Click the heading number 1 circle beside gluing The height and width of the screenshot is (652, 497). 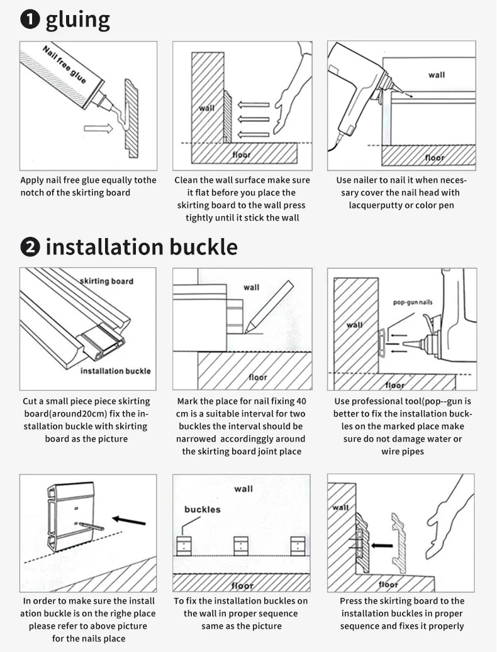30,20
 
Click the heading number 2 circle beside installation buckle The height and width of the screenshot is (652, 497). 30,247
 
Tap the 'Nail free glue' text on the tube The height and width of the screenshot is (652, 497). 65,65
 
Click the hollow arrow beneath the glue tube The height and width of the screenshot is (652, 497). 98,129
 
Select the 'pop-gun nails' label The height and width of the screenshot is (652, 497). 413,302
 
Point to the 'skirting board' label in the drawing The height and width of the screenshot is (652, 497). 107,281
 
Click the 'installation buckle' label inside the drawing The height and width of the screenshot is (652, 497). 115,371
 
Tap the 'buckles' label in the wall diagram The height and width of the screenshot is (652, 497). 203,509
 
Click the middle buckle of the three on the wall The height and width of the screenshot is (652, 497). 241,546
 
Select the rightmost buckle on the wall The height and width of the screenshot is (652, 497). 298,546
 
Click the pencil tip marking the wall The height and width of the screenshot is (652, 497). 245,332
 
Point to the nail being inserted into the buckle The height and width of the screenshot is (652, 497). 91,526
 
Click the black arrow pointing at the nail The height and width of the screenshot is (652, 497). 129,521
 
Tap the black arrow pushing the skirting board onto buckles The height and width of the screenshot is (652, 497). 382,545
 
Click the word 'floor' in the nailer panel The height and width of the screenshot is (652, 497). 435,158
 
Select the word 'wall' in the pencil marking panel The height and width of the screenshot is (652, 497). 251,287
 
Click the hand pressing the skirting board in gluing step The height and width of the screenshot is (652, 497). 292,89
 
